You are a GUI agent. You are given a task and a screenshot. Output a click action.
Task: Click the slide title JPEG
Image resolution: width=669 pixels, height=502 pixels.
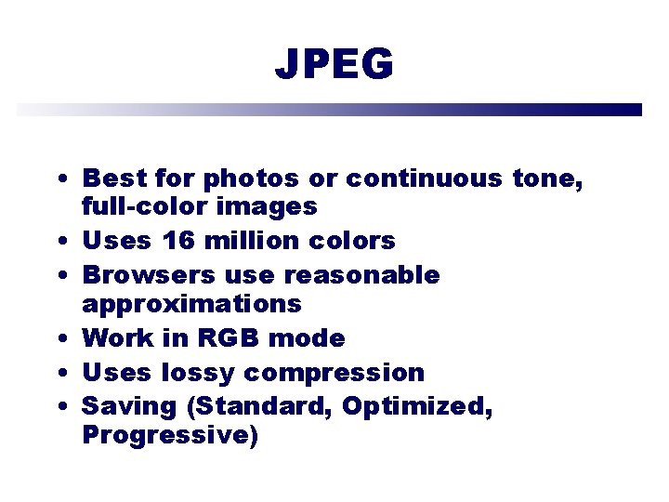point(334,64)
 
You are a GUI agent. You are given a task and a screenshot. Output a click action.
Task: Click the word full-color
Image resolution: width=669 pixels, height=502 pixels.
point(152,205)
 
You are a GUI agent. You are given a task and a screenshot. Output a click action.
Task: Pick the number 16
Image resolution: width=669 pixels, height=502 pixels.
point(178,241)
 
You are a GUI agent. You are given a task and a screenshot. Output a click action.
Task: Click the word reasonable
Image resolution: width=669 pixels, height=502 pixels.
point(361,276)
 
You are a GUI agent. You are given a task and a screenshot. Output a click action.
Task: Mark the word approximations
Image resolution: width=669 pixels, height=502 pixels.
point(191,304)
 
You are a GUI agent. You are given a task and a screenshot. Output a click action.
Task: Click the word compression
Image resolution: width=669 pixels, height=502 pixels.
point(334,374)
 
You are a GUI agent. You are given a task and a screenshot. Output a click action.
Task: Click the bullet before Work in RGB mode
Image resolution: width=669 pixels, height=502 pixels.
point(59,339)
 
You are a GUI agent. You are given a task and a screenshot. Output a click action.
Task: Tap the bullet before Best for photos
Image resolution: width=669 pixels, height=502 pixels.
point(59,178)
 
